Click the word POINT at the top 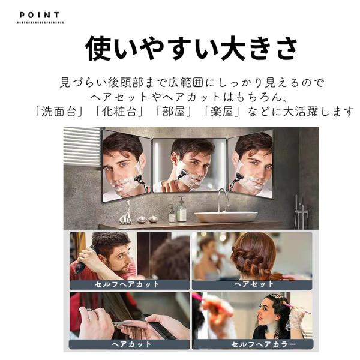click(40, 15)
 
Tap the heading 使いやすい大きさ click(191, 49)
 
